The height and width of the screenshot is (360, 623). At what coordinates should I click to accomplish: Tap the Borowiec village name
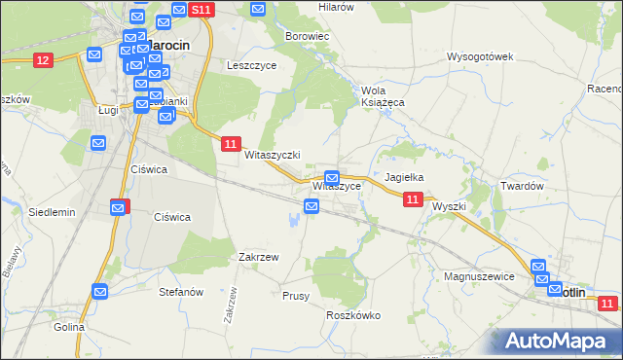308,36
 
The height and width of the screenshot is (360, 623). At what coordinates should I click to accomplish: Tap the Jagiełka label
404,177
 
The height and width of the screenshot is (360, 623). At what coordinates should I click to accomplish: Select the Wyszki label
450,206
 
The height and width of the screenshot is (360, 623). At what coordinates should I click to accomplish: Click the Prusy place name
296,295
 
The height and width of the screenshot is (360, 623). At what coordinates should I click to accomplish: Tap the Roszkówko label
353,315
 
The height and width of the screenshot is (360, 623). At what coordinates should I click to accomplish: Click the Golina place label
69,327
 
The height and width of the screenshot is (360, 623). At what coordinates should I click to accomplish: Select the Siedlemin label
52,211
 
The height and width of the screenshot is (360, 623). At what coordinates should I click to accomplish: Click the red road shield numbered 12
42,60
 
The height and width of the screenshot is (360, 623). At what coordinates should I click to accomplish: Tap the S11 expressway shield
202,10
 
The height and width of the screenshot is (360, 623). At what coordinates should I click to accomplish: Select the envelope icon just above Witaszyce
332,178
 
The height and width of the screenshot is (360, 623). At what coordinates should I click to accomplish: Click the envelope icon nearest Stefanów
100,290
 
